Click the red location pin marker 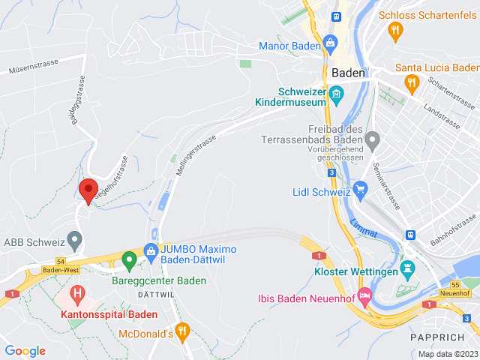[x=88, y=190]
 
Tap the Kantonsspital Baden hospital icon [x=76, y=292]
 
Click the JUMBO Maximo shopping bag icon [x=151, y=250]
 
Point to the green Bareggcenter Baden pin [x=129, y=261]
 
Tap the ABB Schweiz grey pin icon [x=74, y=240]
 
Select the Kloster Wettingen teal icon [x=408, y=268]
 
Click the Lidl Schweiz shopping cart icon [x=361, y=187]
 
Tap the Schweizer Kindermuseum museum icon [x=335, y=94]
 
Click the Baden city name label [x=348, y=73]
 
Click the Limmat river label [x=363, y=229]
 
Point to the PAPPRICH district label [x=433, y=337]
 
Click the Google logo [x=25, y=350]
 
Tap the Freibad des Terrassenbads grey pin [x=373, y=138]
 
